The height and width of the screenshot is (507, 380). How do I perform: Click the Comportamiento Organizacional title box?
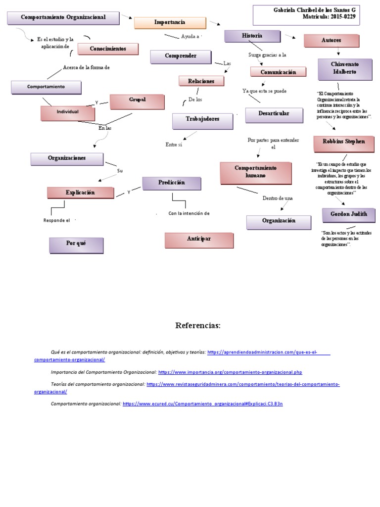(63, 18)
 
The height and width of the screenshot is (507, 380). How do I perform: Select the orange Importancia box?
(170, 23)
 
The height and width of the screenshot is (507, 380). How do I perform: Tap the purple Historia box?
(252, 36)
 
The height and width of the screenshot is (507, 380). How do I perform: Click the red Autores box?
(331, 41)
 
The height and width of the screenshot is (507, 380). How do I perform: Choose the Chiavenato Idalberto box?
(345, 68)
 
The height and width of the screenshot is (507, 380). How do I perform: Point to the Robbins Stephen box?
(344, 142)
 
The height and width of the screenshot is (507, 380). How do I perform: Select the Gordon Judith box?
(348, 215)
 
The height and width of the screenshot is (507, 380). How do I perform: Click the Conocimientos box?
(108, 49)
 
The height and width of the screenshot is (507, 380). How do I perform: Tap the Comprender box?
(181, 56)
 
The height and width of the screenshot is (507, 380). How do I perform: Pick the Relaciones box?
(201, 81)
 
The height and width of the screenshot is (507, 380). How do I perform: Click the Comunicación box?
(278, 72)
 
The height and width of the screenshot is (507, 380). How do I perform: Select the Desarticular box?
(274, 114)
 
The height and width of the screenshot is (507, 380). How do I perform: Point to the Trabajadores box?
(202, 120)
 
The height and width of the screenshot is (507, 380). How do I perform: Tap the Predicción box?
(171, 183)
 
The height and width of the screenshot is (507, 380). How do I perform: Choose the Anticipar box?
(199, 240)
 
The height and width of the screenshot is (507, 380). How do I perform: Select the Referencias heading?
(197, 326)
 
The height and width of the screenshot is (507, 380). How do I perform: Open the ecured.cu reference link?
(202, 404)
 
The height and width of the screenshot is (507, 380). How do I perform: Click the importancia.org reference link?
(230, 372)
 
